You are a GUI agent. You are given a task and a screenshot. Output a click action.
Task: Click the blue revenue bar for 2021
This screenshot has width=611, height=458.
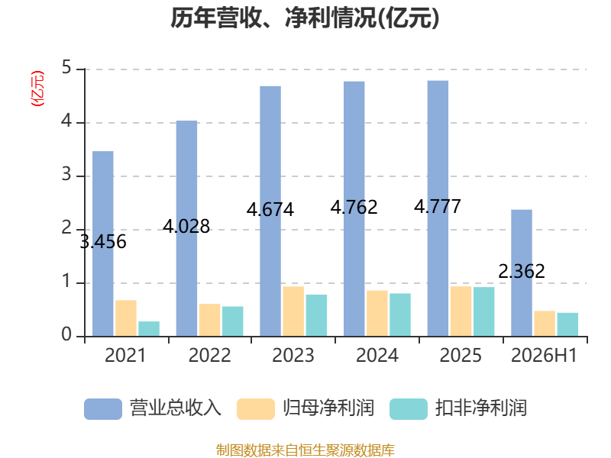(x=103, y=244)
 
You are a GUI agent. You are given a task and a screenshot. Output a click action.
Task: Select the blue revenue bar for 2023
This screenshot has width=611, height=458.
(x=270, y=211)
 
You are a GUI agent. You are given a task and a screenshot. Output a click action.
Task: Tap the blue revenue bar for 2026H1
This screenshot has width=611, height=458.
(x=522, y=273)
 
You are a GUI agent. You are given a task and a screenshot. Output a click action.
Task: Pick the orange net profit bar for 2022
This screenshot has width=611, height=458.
(x=209, y=320)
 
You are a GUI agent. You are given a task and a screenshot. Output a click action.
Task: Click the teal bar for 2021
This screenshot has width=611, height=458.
(x=149, y=329)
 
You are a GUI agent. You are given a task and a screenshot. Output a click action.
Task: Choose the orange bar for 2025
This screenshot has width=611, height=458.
(x=461, y=311)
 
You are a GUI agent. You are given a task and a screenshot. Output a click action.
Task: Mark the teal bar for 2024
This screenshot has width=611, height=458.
(x=400, y=314)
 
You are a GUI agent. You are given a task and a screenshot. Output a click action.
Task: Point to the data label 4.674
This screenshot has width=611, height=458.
(x=270, y=210)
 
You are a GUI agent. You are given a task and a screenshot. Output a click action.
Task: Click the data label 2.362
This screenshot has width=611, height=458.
(x=522, y=272)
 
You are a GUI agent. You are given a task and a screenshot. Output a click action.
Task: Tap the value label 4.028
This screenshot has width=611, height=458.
(x=186, y=226)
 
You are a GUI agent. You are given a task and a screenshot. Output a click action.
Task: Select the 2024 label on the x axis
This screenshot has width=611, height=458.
(x=377, y=355)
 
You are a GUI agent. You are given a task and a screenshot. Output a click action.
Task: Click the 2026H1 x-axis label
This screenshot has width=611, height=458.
(x=544, y=355)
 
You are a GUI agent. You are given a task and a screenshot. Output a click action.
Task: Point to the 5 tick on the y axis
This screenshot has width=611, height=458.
(x=66, y=68)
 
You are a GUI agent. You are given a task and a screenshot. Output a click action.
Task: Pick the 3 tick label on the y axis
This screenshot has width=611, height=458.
(x=66, y=175)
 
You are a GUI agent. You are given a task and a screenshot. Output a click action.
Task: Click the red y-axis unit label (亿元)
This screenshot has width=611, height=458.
(x=37, y=88)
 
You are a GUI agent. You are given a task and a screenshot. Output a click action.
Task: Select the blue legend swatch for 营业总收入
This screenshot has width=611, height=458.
(x=103, y=409)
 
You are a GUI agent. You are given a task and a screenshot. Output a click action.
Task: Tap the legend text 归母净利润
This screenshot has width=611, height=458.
(x=328, y=408)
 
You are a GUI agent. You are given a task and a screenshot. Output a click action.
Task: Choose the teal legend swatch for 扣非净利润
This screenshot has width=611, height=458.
(x=409, y=409)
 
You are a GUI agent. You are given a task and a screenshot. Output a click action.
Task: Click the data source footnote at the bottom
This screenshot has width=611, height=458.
(x=305, y=450)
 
